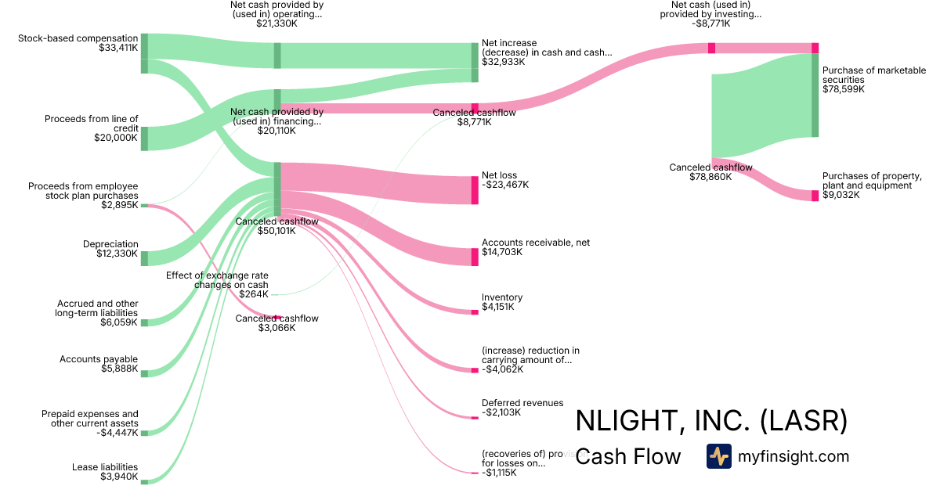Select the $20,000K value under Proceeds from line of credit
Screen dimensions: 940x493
(115, 138)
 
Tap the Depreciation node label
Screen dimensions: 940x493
(110, 244)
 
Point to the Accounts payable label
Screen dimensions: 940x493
(99, 359)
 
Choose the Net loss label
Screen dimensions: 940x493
(499, 175)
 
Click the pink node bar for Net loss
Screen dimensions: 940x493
(475, 190)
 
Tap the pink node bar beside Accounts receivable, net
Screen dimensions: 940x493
(475, 257)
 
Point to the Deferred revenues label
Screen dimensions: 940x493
(522, 403)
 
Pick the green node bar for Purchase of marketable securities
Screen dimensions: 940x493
(815, 95)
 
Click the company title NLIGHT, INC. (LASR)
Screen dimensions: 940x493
(711, 421)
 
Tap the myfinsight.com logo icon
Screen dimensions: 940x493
(719, 456)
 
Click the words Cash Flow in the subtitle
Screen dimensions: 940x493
(628, 457)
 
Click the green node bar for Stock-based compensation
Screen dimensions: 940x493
(144, 53)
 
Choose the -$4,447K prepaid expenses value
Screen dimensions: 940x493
(117, 433)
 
